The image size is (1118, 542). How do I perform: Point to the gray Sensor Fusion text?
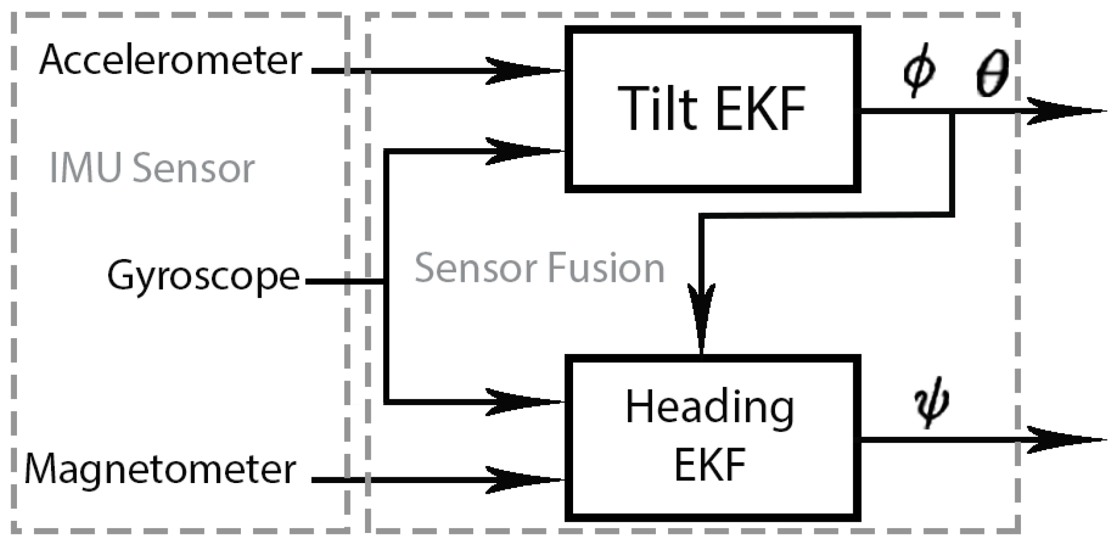[x=539, y=268]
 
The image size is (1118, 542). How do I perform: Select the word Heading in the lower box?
[x=710, y=408]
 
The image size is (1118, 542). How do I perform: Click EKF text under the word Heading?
[x=710, y=464]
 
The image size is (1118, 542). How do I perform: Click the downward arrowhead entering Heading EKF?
[x=701, y=319]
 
